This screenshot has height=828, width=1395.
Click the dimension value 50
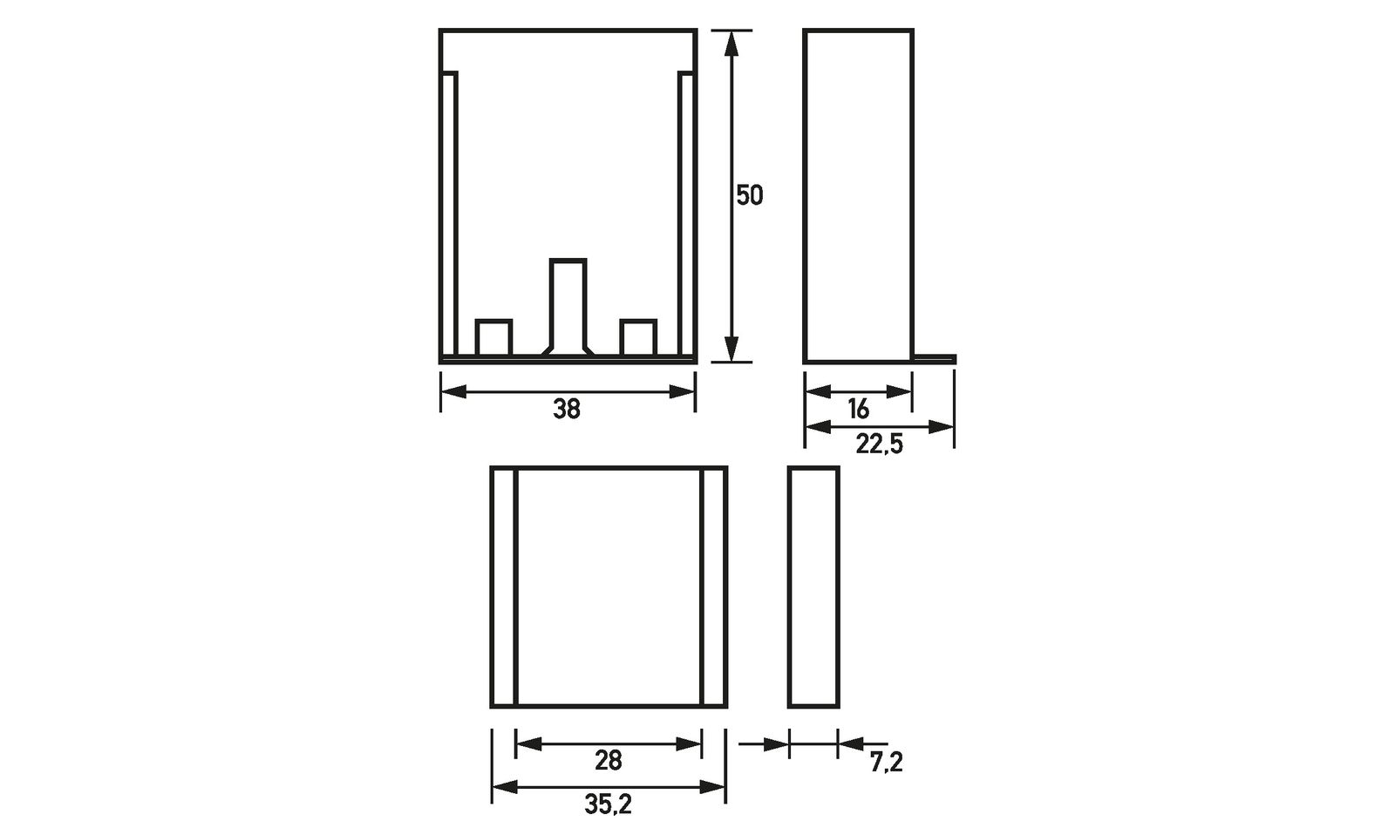pyautogui.click(x=749, y=195)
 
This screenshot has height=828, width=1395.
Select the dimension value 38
pyautogui.click(x=567, y=409)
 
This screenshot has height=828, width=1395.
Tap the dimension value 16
pyautogui.click(x=858, y=409)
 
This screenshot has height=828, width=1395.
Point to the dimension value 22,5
pyautogui.click(x=879, y=445)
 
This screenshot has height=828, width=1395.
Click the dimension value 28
pyautogui.click(x=609, y=760)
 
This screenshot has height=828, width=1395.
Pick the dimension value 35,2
pyautogui.click(x=608, y=804)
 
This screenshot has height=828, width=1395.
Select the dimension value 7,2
pyautogui.click(x=886, y=762)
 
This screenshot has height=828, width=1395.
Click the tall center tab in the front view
pyautogui.click(x=568, y=307)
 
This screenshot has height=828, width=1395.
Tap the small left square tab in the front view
pyautogui.click(x=493, y=337)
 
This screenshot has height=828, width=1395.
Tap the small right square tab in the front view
pyautogui.click(x=638, y=337)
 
